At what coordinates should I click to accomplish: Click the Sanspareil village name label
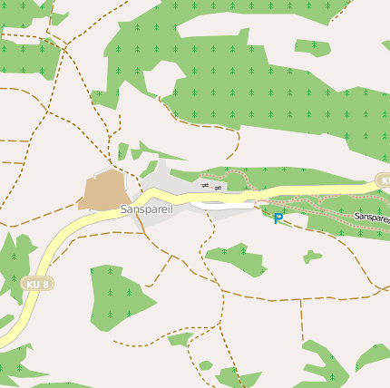coord(146,209)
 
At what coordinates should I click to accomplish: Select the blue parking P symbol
coord(278,218)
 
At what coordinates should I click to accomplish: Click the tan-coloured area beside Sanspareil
coord(102,190)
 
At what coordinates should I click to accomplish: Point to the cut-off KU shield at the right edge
coord(384,180)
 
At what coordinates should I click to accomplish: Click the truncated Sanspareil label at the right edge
coord(372,218)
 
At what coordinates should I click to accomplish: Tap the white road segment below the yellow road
coord(227,206)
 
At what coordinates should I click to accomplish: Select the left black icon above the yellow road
coord(205,186)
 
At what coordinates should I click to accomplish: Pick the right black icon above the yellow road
coord(218,186)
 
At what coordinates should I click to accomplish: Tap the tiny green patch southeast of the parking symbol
coord(311,257)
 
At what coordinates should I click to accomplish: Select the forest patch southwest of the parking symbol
coord(238,258)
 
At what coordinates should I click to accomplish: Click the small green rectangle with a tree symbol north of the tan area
coord(122,150)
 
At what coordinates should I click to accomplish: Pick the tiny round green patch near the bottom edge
coord(206,365)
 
